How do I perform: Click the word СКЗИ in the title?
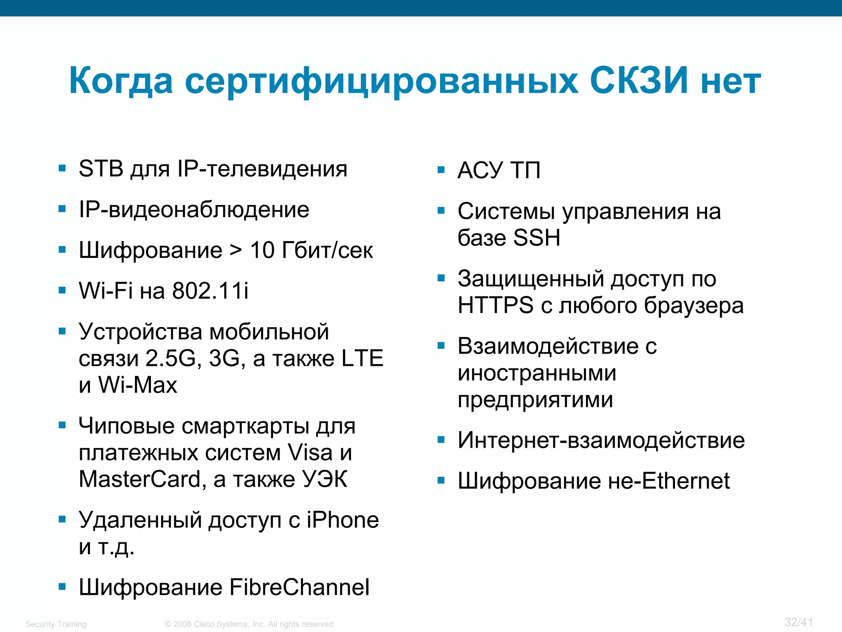pos(638,81)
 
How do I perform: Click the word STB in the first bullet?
pos(101,169)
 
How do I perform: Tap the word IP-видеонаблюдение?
pos(194,210)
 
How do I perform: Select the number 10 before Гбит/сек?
pos(262,250)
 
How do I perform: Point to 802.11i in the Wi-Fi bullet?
pos(210,291)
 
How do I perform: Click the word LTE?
pos(362,358)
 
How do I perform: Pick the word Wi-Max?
pos(138,385)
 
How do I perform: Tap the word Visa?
pos(310,453)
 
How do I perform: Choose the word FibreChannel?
pos(299,587)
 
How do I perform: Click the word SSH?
pos(537,238)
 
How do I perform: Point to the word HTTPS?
pos(495,305)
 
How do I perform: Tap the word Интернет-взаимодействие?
pos(601,440)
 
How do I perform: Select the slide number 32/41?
pos(798,622)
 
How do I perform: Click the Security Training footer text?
pos(56,624)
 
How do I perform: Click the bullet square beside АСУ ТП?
pos(441,170)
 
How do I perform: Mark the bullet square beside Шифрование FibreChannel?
pos(62,587)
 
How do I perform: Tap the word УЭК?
pos(325,479)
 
